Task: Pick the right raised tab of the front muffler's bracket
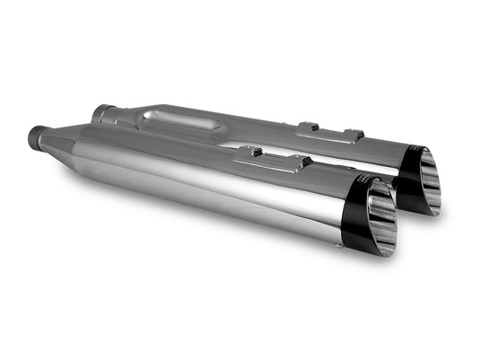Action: pos(306,162)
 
